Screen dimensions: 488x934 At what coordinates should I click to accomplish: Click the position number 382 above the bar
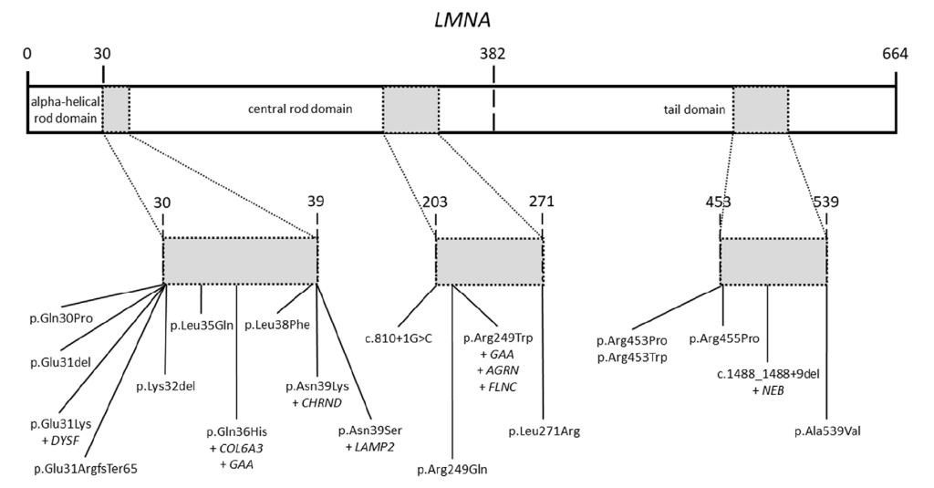493,54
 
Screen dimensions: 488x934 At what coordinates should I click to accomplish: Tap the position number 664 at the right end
894,54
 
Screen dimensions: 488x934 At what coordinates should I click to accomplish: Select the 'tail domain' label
694,109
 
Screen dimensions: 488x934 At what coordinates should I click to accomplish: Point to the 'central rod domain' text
301,109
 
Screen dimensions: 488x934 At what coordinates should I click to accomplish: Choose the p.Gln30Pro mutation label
61,317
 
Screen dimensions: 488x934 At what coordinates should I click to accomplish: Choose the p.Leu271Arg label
544,428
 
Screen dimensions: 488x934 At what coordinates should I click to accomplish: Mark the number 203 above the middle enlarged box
436,202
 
